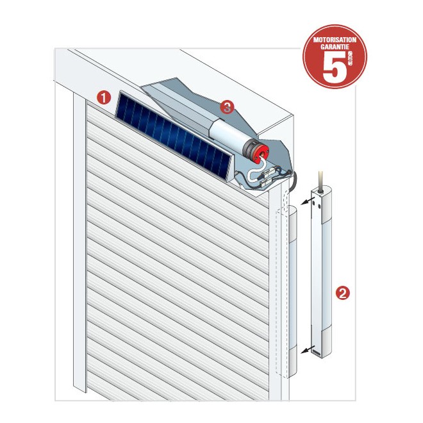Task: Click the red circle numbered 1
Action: [x=104, y=97]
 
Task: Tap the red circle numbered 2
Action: [x=343, y=293]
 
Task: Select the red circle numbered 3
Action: [x=227, y=107]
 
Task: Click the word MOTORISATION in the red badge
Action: [x=335, y=40]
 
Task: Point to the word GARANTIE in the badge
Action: [x=335, y=47]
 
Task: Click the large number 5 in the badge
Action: [x=335, y=67]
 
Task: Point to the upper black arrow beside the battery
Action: [x=308, y=201]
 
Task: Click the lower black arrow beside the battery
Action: [x=308, y=349]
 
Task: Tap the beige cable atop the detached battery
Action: [x=320, y=181]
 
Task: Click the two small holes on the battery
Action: [x=316, y=206]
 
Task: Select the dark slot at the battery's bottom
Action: [x=317, y=352]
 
